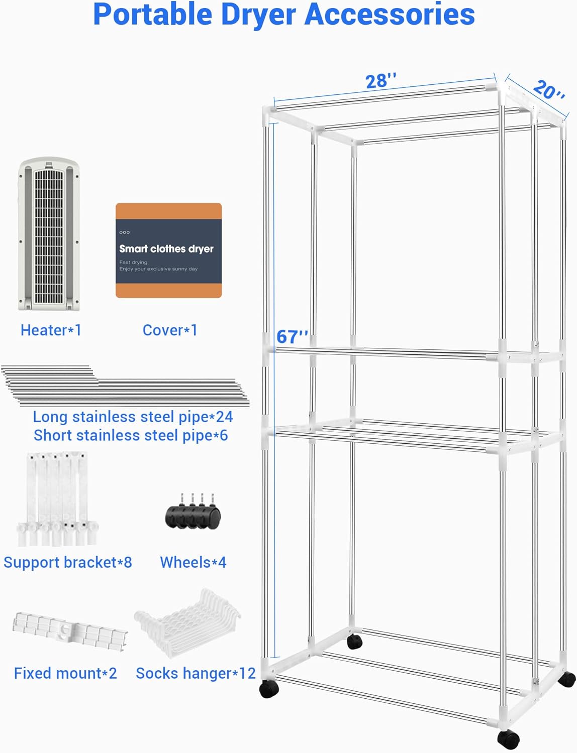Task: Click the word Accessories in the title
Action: [x=390, y=15]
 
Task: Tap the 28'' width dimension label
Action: [x=380, y=81]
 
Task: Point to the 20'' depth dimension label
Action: [x=548, y=90]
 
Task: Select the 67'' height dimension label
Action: [x=292, y=336]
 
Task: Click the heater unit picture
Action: [x=49, y=234]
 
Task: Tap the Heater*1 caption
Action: [x=51, y=330]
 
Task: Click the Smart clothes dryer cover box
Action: [x=168, y=250]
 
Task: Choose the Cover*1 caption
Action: [x=170, y=330]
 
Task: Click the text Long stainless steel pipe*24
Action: [x=133, y=417]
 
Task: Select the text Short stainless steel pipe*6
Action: [x=131, y=435]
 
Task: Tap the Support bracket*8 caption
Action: [x=68, y=562]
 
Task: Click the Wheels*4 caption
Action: [x=193, y=562]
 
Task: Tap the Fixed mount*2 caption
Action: [x=65, y=673]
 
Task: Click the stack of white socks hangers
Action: [x=188, y=622]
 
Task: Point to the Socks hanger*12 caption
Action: [x=196, y=673]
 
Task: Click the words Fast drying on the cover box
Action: [x=133, y=262]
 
